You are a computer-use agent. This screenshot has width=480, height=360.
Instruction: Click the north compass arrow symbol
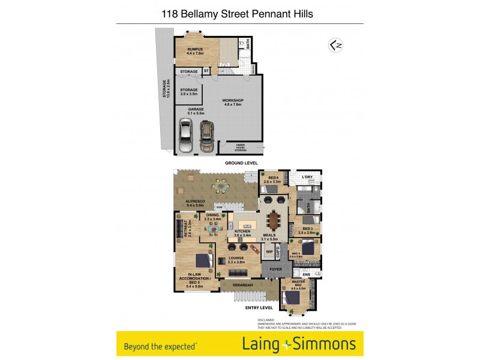335,45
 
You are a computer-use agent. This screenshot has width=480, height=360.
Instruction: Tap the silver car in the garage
186,135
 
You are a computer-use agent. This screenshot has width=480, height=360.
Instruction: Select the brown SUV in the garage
206,136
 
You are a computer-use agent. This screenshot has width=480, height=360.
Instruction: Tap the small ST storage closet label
206,71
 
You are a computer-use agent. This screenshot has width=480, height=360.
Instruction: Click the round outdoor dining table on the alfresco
222,187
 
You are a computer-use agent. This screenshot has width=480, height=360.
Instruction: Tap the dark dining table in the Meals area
275,221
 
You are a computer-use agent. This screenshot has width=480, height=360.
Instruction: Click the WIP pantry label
269,251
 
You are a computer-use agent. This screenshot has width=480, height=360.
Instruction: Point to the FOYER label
275,269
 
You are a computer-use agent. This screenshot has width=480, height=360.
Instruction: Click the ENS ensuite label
306,275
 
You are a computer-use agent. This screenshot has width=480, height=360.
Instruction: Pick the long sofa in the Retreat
179,230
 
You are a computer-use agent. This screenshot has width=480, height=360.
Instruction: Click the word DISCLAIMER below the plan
266,320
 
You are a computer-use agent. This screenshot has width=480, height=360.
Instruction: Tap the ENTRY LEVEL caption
259,308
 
